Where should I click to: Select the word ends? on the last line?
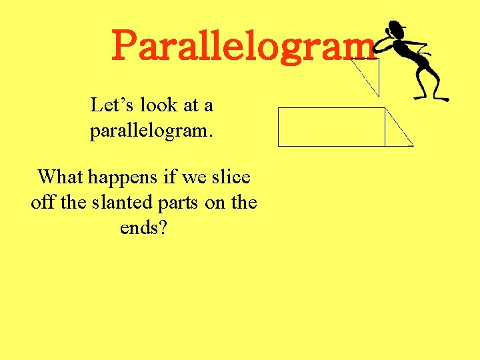pos(143,227)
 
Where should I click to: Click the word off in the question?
pos(43,202)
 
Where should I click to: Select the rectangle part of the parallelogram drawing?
pos(331,126)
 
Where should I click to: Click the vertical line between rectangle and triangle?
pos(385,126)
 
